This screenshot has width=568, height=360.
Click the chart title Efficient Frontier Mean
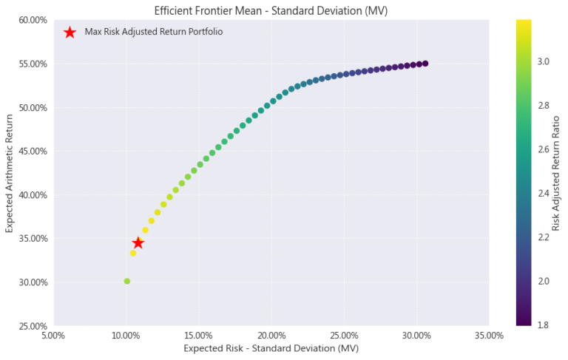pyautogui.click(x=271, y=10)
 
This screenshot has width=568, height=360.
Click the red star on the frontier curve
pyautogui.click(x=138, y=243)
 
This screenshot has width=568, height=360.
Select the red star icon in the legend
pyautogui.click(x=70, y=33)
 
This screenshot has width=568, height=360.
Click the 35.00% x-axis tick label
pyautogui.click(x=489, y=336)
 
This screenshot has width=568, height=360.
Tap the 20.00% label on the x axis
pyautogui.click(x=271, y=336)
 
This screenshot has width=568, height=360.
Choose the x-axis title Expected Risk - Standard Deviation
pyautogui.click(x=271, y=349)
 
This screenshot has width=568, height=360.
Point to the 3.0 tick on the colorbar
pyautogui.click(x=542, y=62)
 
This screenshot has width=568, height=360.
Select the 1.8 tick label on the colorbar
pyautogui.click(x=542, y=325)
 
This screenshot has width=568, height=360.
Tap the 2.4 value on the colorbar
pyautogui.click(x=542, y=194)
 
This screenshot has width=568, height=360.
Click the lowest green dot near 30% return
pyautogui.click(x=127, y=281)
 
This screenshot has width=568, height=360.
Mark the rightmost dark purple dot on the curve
pyautogui.click(x=425, y=64)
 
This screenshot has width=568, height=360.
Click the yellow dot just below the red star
pyautogui.click(x=133, y=253)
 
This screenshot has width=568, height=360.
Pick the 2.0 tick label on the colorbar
pyautogui.click(x=542, y=281)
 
